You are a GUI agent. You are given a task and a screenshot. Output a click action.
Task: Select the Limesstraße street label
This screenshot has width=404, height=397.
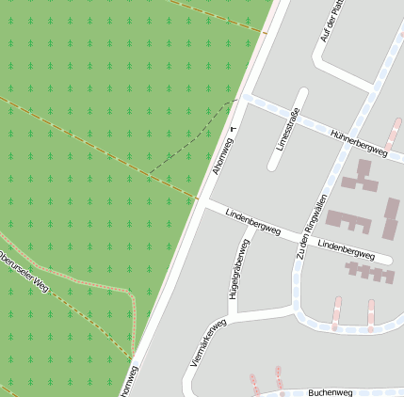pos(287,131)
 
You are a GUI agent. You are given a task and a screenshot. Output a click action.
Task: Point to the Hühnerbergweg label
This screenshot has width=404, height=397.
pos(359,142)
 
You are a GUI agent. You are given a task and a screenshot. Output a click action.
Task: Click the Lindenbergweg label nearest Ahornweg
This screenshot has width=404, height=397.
pos(252,222)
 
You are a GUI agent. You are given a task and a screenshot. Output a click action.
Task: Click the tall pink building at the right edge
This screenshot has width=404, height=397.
pos(391,218)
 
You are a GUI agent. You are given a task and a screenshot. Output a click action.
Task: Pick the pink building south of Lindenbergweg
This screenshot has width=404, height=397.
pos(370,272)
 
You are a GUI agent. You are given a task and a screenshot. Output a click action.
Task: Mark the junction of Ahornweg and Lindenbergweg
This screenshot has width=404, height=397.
pos(203,201)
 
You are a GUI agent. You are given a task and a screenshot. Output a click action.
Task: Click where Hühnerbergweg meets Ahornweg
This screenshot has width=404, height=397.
pos(242,97)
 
